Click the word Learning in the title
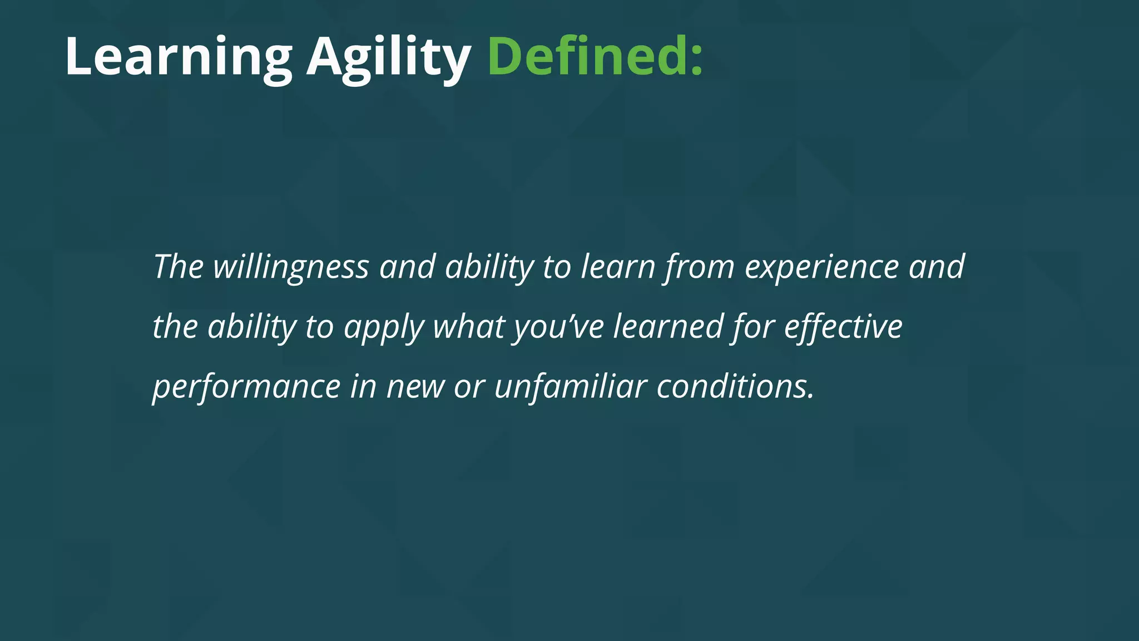click(x=178, y=57)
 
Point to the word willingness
click(x=291, y=267)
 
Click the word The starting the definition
click(x=178, y=267)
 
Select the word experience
click(x=821, y=267)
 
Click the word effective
click(x=843, y=327)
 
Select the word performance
click(x=246, y=387)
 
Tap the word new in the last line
click(x=415, y=387)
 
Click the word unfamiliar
click(x=571, y=387)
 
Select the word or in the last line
click(x=469, y=387)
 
